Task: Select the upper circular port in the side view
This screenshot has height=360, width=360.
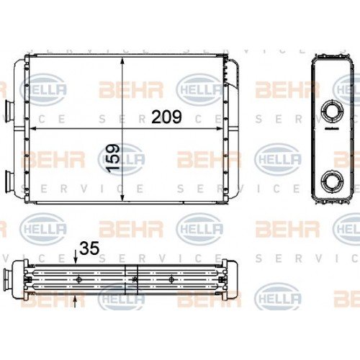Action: (x=333, y=112)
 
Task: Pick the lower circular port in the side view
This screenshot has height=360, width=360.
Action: (x=333, y=180)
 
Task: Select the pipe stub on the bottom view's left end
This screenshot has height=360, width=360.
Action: (x=8, y=276)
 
